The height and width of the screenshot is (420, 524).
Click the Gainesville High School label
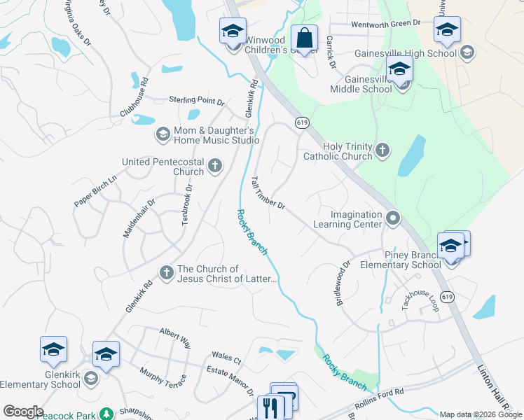pyautogui.click(x=416, y=53)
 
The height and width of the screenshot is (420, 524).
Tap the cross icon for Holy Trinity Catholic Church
pyautogui.click(x=382, y=149)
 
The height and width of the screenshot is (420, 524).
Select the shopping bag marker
pyautogui.click(x=305, y=38)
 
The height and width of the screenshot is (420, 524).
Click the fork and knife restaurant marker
pyautogui.click(x=270, y=408)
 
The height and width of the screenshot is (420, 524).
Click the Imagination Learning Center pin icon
pyautogui.click(x=393, y=219)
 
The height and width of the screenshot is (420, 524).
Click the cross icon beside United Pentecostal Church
pyautogui.click(x=215, y=167)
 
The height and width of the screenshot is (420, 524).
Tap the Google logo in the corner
pyautogui.click(x=22, y=412)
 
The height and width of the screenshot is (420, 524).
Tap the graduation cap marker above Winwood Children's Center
pyautogui.click(x=233, y=32)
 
